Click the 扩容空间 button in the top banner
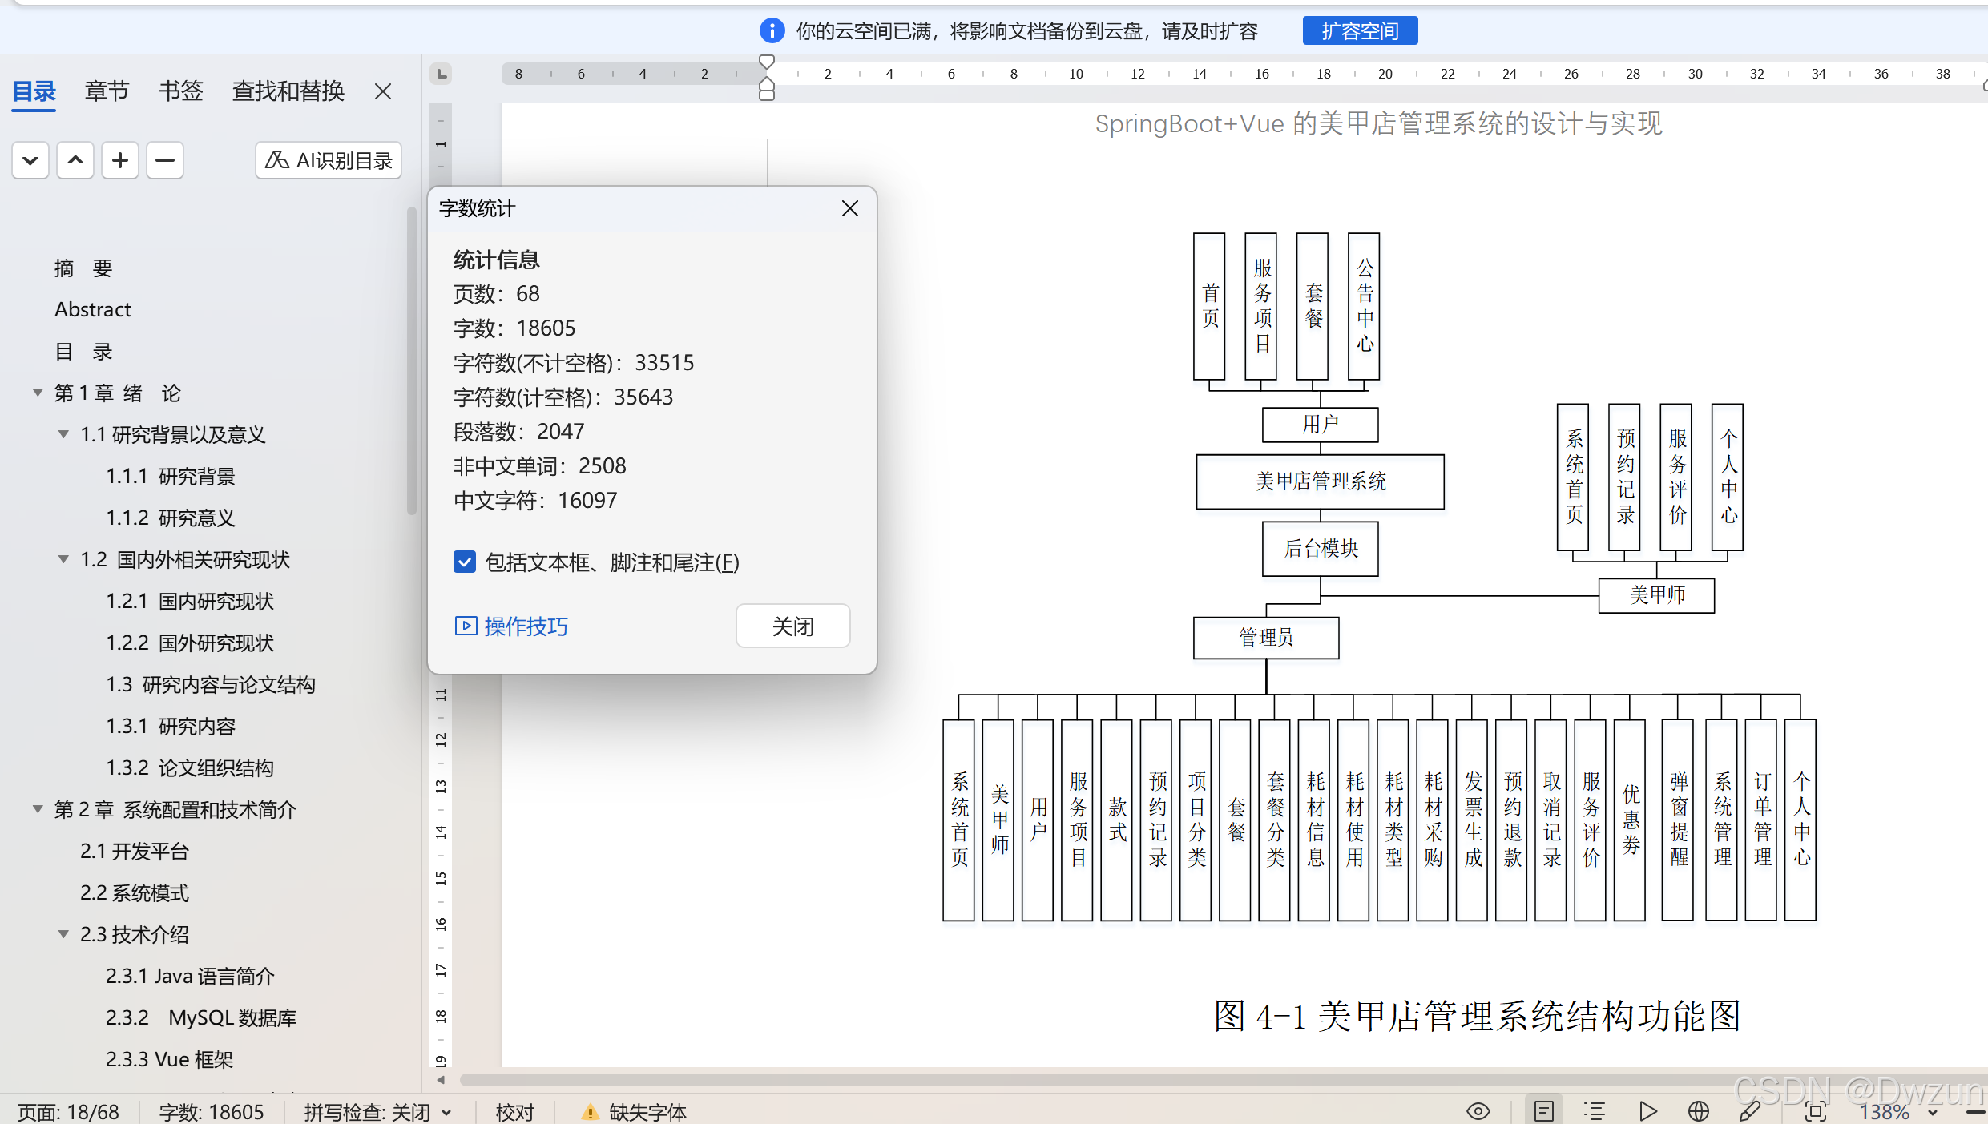coord(1359,31)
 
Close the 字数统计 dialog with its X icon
coord(849,208)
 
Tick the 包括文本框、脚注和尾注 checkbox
coord(465,562)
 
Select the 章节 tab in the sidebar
coord(107,91)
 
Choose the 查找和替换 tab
coord(288,91)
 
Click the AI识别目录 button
coord(329,160)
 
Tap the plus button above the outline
coord(120,160)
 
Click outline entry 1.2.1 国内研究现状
coord(190,601)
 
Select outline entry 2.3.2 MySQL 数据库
coord(200,1017)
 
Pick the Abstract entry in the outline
coord(92,309)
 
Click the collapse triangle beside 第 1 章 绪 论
coord(38,393)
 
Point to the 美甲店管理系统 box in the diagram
coord(1320,481)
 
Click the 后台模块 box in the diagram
coord(1320,549)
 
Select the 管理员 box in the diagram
coord(1265,638)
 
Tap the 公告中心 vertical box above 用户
coord(1364,306)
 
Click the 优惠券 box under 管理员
coord(1629,819)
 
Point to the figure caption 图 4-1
coord(1477,1016)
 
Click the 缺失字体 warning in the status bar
coord(635,1111)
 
